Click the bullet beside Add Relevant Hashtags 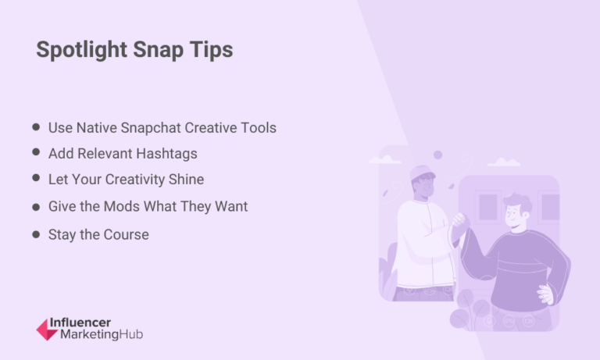click(36, 152)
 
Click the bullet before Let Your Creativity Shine click(36, 178)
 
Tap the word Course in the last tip click(125, 234)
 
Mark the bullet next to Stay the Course click(36, 234)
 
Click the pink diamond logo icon click(46, 330)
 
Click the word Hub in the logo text click(131, 334)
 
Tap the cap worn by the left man click(423, 172)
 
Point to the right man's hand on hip click(545, 293)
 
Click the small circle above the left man click(437, 155)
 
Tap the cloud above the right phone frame click(504, 162)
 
